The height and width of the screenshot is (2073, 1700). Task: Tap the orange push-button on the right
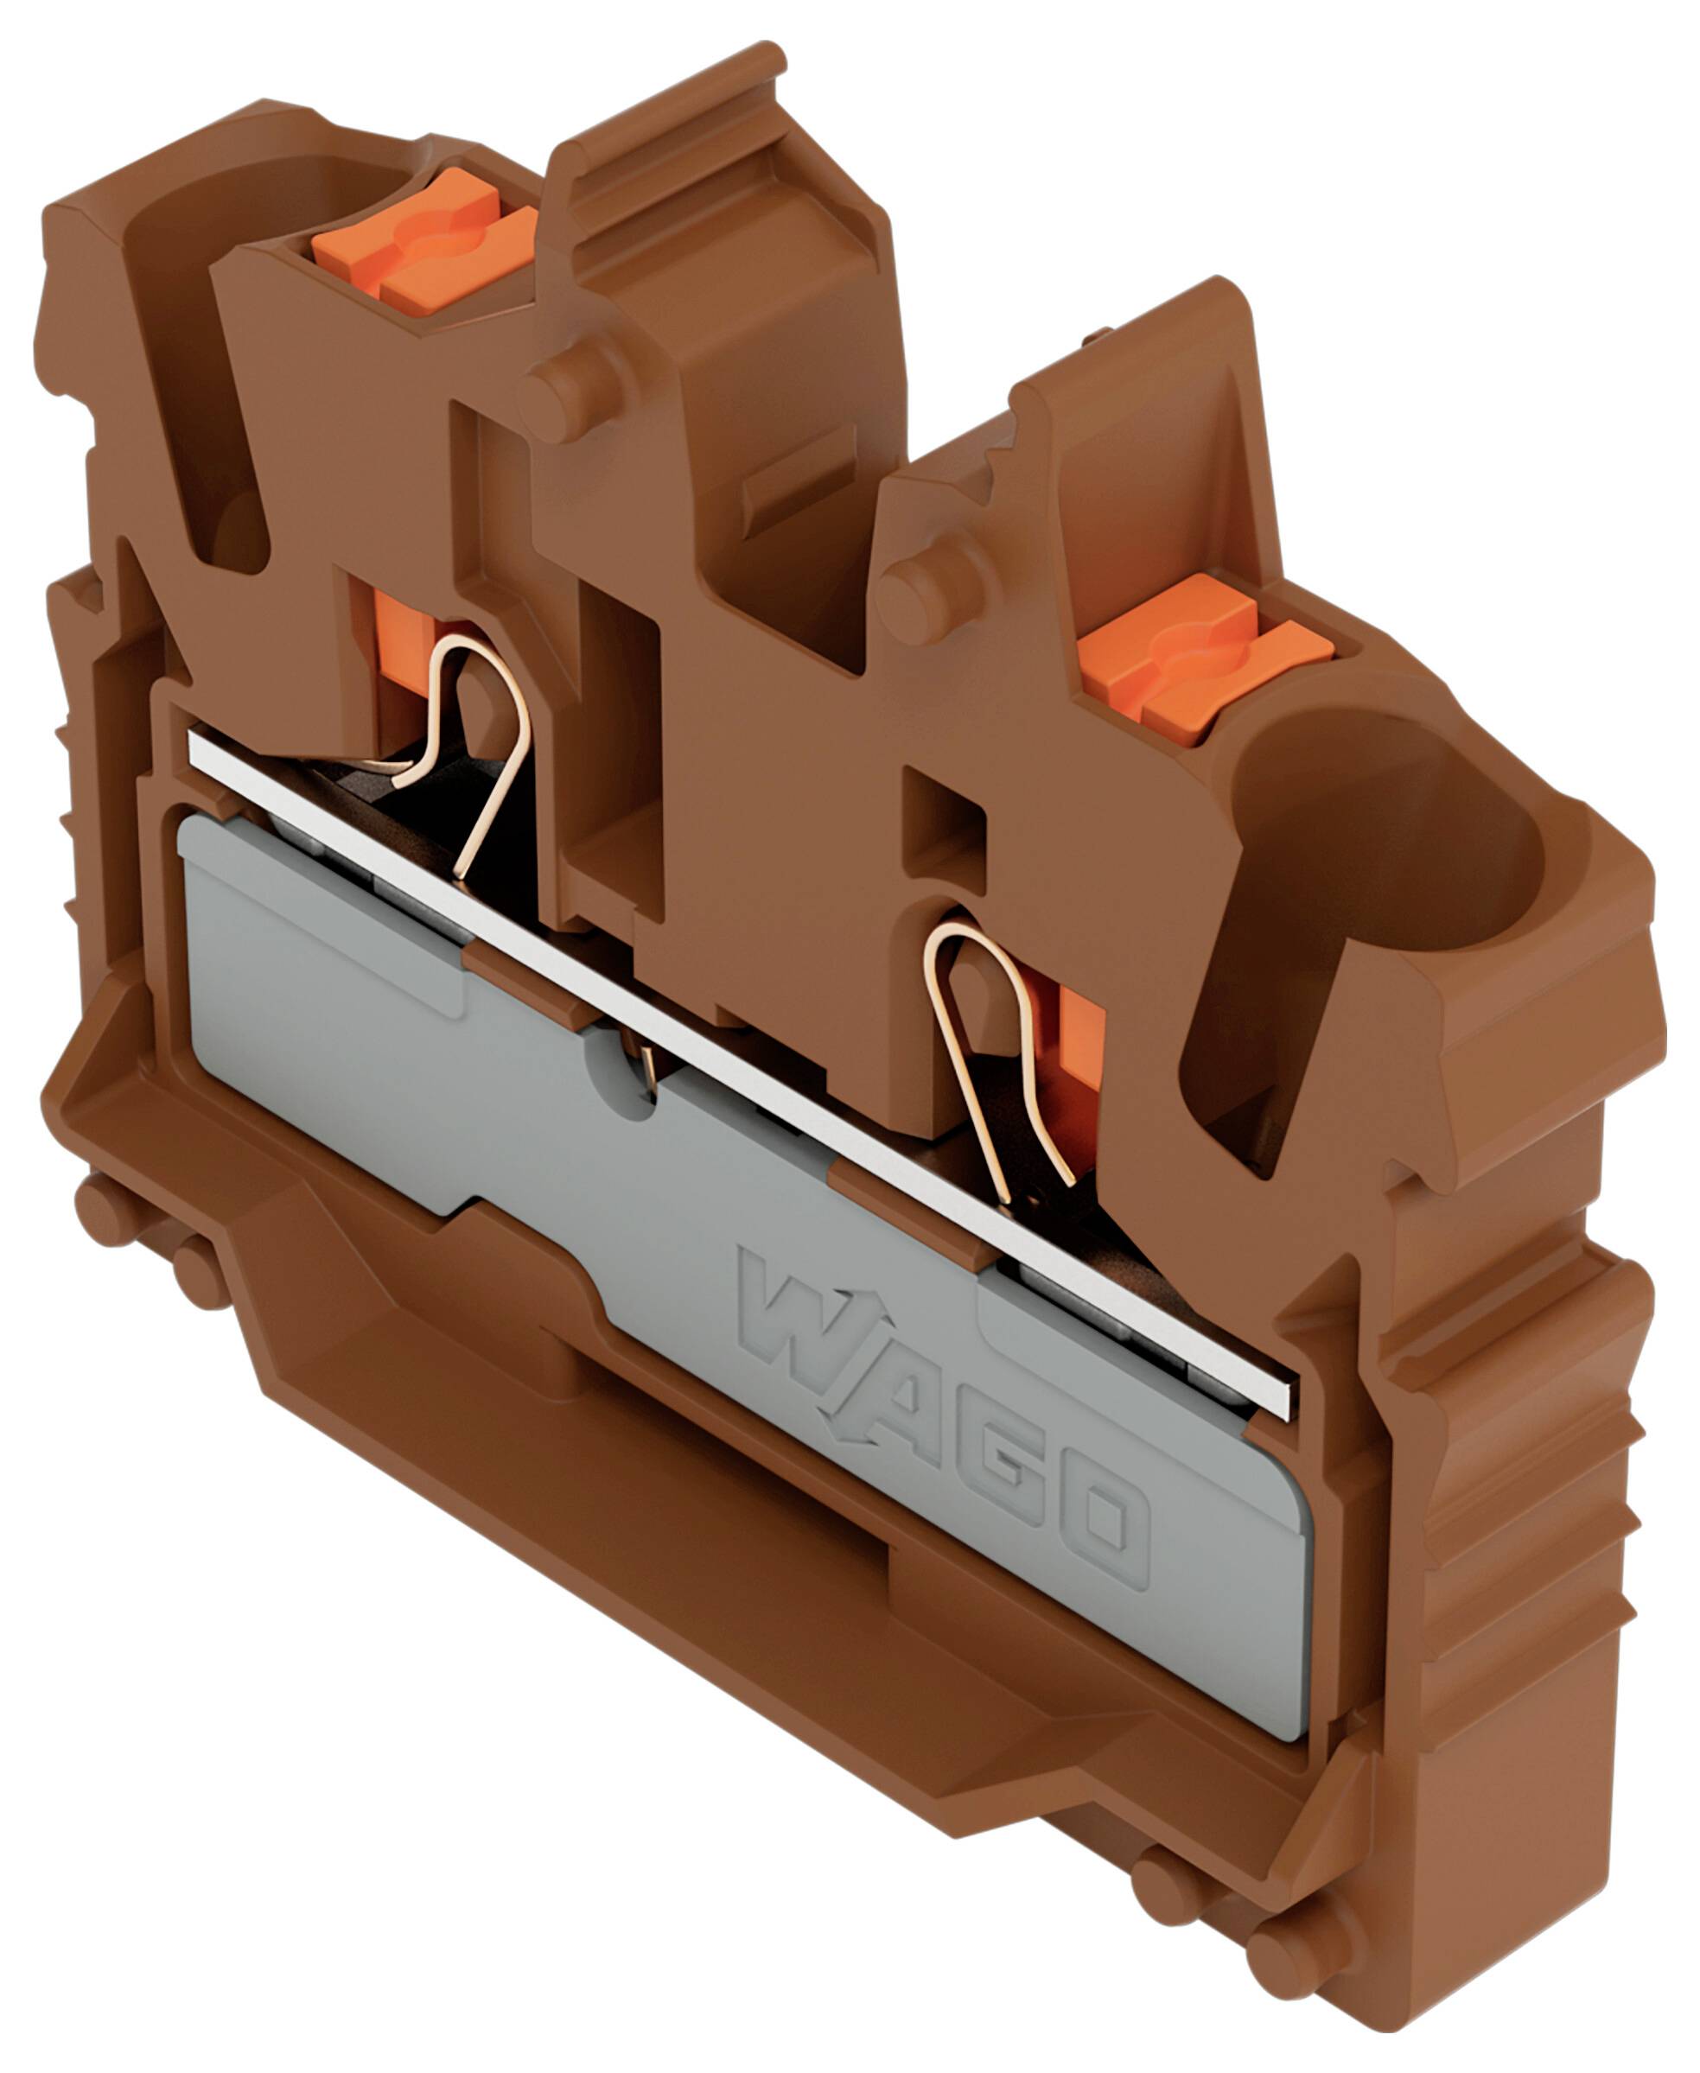tap(1205, 658)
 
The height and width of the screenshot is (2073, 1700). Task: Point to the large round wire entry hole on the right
tap(1391, 832)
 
